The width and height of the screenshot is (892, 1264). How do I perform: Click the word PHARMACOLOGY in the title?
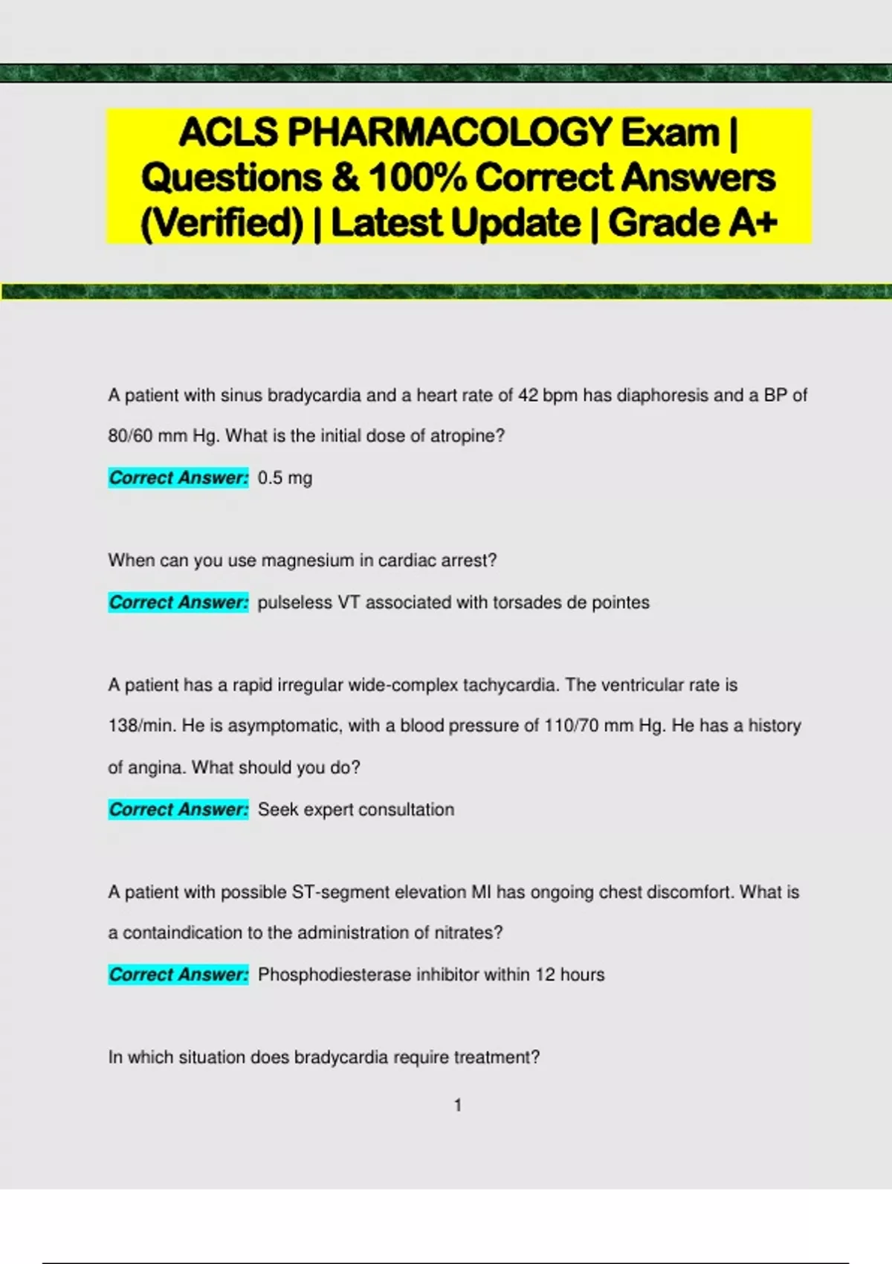click(450, 132)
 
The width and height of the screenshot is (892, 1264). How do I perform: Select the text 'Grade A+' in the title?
click(693, 222)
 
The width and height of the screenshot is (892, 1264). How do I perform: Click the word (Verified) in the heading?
click(222, 222)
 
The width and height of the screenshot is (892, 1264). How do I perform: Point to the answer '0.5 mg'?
click(285, 478)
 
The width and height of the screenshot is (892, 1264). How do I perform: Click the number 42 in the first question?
click(528, 396)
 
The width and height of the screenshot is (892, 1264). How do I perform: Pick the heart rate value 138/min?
click(140, 726)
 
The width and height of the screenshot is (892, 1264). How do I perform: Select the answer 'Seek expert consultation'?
click(356, 810)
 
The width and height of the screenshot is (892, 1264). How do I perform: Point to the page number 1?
click(458, 1106)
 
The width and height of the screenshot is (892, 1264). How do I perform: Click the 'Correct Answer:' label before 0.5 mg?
click(178, 478)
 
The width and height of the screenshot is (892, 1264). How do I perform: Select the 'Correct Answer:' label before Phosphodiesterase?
click(178, 975)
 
